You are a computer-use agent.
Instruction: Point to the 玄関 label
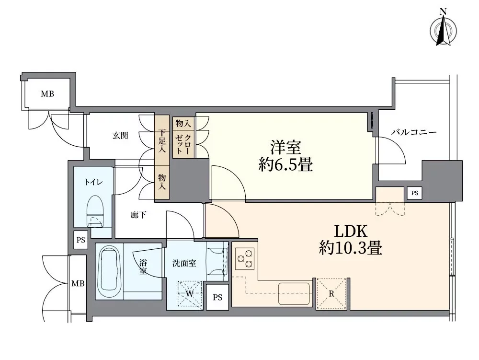pos(120,136)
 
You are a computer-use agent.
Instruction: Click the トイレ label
pos(92,182)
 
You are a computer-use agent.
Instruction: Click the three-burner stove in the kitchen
pos(244,259)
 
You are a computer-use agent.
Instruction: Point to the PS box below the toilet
pos(80,240)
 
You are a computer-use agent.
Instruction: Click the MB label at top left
pos(47,94)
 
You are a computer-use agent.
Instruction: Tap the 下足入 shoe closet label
pos(162,140)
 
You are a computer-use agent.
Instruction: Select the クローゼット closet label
pos(183,144)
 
